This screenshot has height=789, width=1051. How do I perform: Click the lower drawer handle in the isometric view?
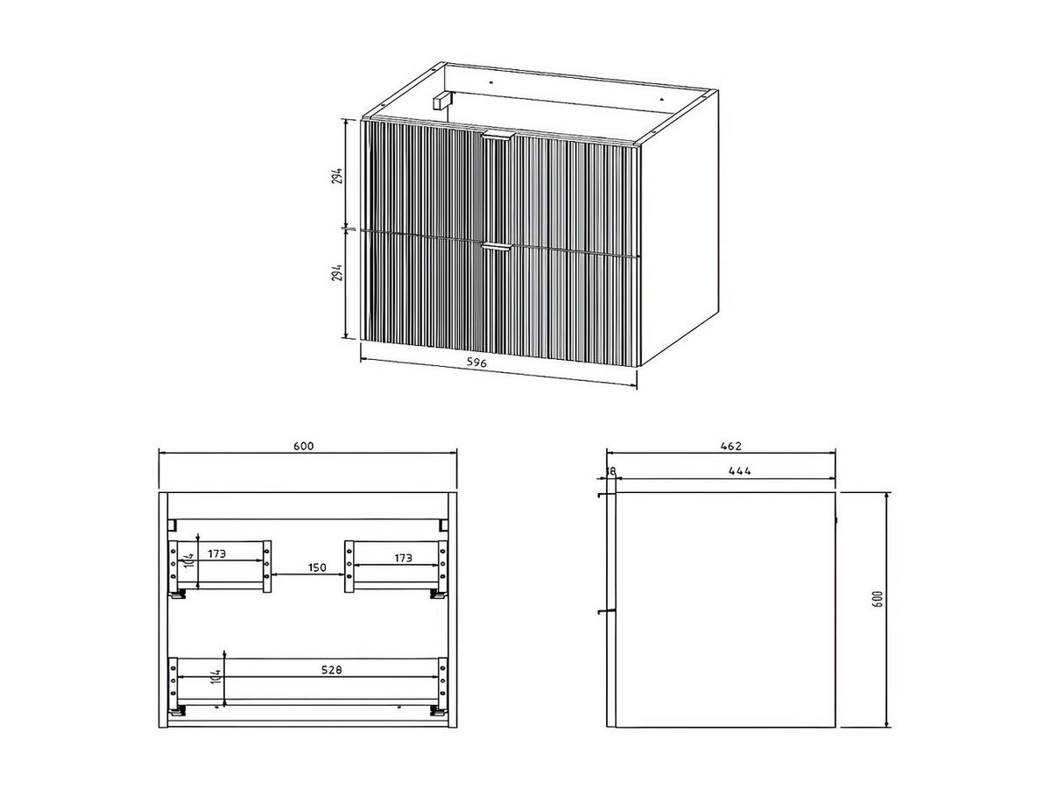click(x=495, y=248)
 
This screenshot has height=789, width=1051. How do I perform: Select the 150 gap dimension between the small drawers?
click(x=317, y=567)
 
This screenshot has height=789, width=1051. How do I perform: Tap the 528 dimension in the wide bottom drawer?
click(x=330, y=670)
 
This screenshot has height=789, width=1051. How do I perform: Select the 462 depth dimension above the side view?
click(x=726, y=446)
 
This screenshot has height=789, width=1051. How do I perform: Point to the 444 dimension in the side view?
click(x=739, y=471)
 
